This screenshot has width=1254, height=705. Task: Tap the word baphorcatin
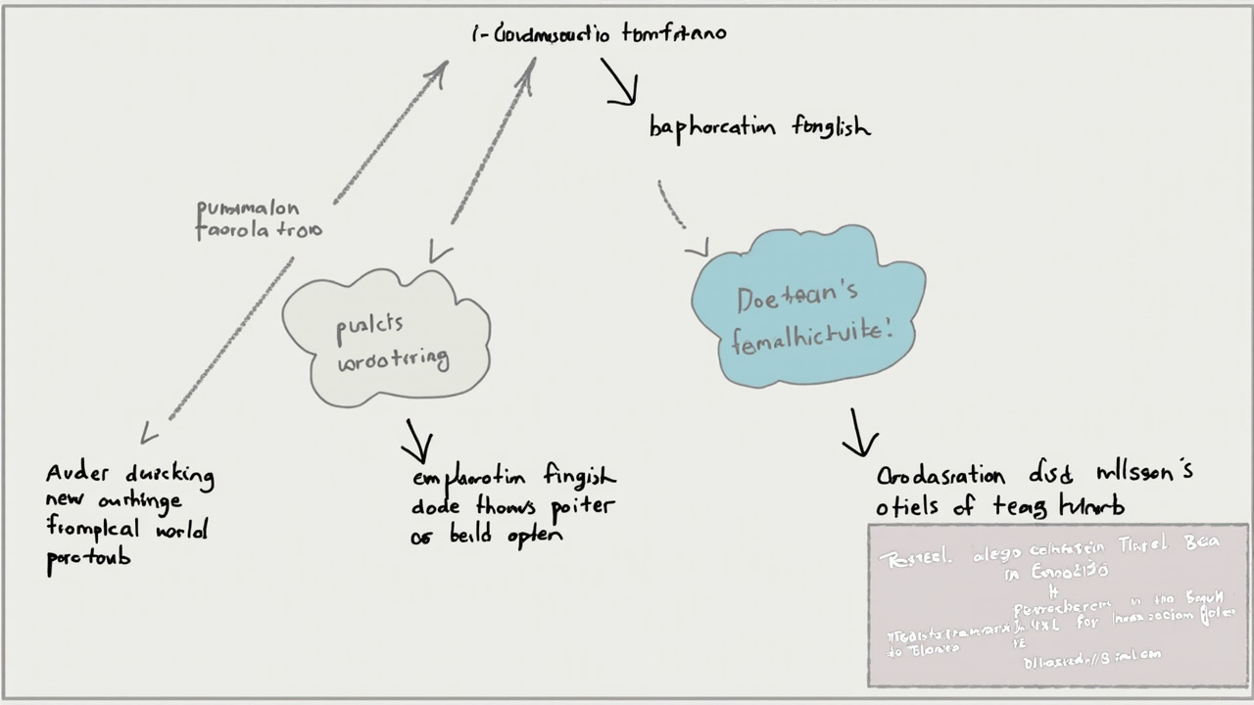click(x=712, y=128)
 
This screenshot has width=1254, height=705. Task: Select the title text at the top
click(x=599, y=34)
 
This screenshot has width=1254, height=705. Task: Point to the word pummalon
click(x=248, y=209)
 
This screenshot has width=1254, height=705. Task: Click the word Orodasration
click(x=940, y=477)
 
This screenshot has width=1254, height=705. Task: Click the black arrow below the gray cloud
click(x=416, y=442)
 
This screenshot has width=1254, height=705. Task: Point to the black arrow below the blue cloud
click(x=859, y=433)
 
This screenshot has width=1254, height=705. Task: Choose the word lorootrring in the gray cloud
click(x=393, y=359)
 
